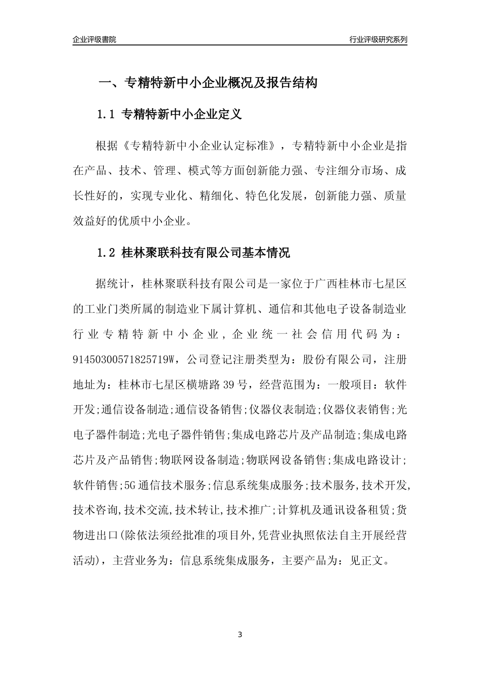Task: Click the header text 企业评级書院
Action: [x=94, y=39]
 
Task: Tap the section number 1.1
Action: [x=107, y=115]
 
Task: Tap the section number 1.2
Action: [x=107, y=253]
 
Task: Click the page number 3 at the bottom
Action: [x=240, y=635]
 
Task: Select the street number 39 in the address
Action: [x=229, y=385]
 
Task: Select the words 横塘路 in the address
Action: [x=203, y=385]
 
